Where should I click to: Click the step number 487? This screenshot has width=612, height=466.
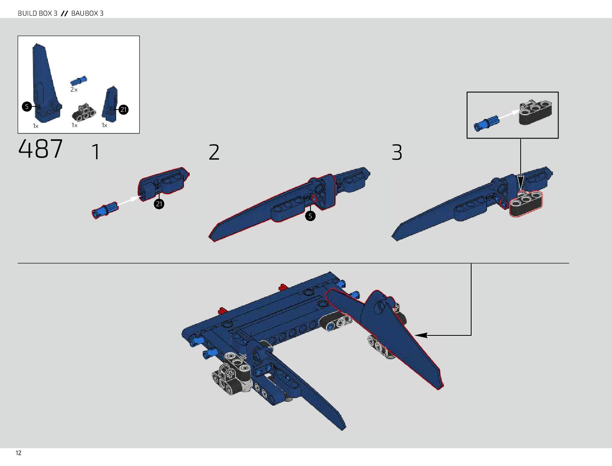(40, 149)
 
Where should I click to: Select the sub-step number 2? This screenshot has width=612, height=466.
(214, 152)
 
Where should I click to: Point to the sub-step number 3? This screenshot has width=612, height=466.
(397, 153)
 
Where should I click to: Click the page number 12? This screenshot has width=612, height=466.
(18, 453)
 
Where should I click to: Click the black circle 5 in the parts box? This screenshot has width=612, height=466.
(27, 106)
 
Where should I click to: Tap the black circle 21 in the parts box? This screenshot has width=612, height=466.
(124, 110)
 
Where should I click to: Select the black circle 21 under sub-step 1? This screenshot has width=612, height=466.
(159, 204)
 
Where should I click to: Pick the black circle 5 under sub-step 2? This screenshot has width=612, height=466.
(310, 216)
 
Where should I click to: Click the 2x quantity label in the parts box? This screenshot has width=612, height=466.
(74, 90)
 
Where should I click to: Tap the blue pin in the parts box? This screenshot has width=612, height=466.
(79, 81)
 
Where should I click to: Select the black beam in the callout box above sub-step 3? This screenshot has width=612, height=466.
(535, 112)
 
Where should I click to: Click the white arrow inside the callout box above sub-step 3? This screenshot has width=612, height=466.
(508, 114)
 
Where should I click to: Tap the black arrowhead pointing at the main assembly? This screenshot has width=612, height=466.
(421, 335)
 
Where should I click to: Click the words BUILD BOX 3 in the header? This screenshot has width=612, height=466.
(38, 13)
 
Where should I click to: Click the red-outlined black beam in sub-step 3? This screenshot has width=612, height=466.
(526, 204)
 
